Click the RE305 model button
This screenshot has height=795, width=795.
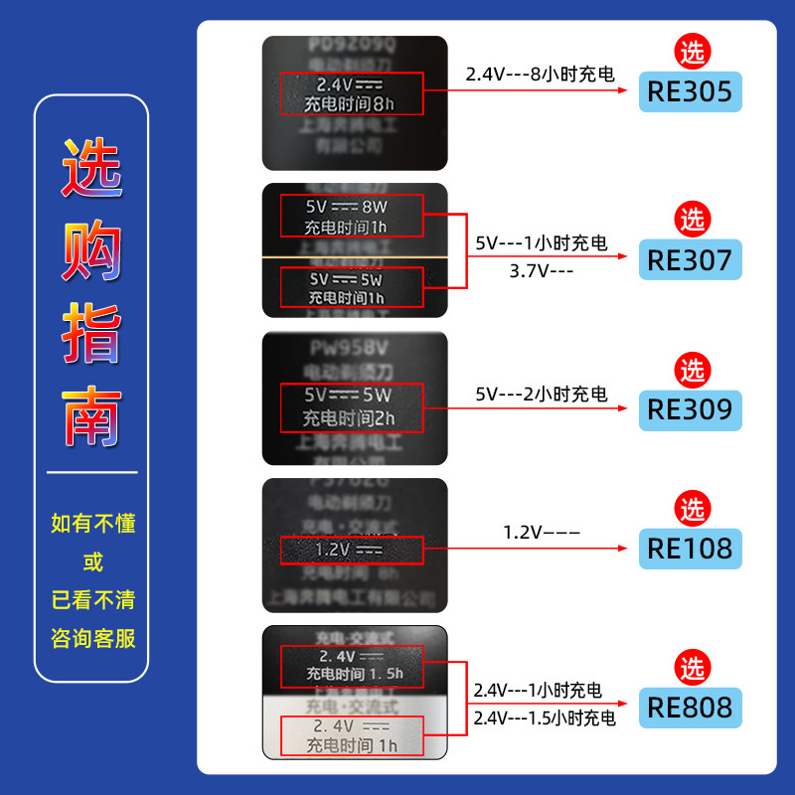click(690, 92)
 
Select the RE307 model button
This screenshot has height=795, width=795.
click(690, 260)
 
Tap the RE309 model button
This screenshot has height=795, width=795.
click(690, 408)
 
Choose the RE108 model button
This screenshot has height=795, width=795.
click(690, 548)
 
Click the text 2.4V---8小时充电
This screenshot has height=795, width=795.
click(540, 75)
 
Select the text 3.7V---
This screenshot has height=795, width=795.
click(541, 268)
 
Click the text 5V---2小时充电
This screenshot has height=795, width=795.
click(541, 395)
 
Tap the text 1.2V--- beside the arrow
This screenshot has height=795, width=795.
click(541, 534)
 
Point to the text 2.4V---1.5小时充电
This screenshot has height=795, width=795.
click(544, 717)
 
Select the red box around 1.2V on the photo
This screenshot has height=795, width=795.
click(352, 549)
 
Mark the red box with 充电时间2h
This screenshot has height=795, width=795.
click(352, 406)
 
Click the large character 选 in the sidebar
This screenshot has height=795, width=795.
click(91, 165)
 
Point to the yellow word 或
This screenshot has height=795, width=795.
click(92, 561)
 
